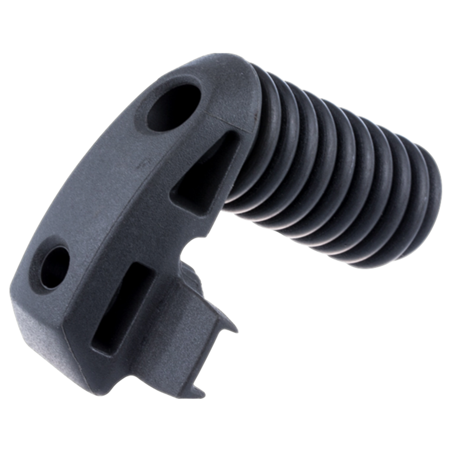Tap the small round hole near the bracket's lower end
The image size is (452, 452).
[x=55, y=267]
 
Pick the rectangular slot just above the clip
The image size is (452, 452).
[x=121, y=308]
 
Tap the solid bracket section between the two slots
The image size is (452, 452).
[x=159, y=234]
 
